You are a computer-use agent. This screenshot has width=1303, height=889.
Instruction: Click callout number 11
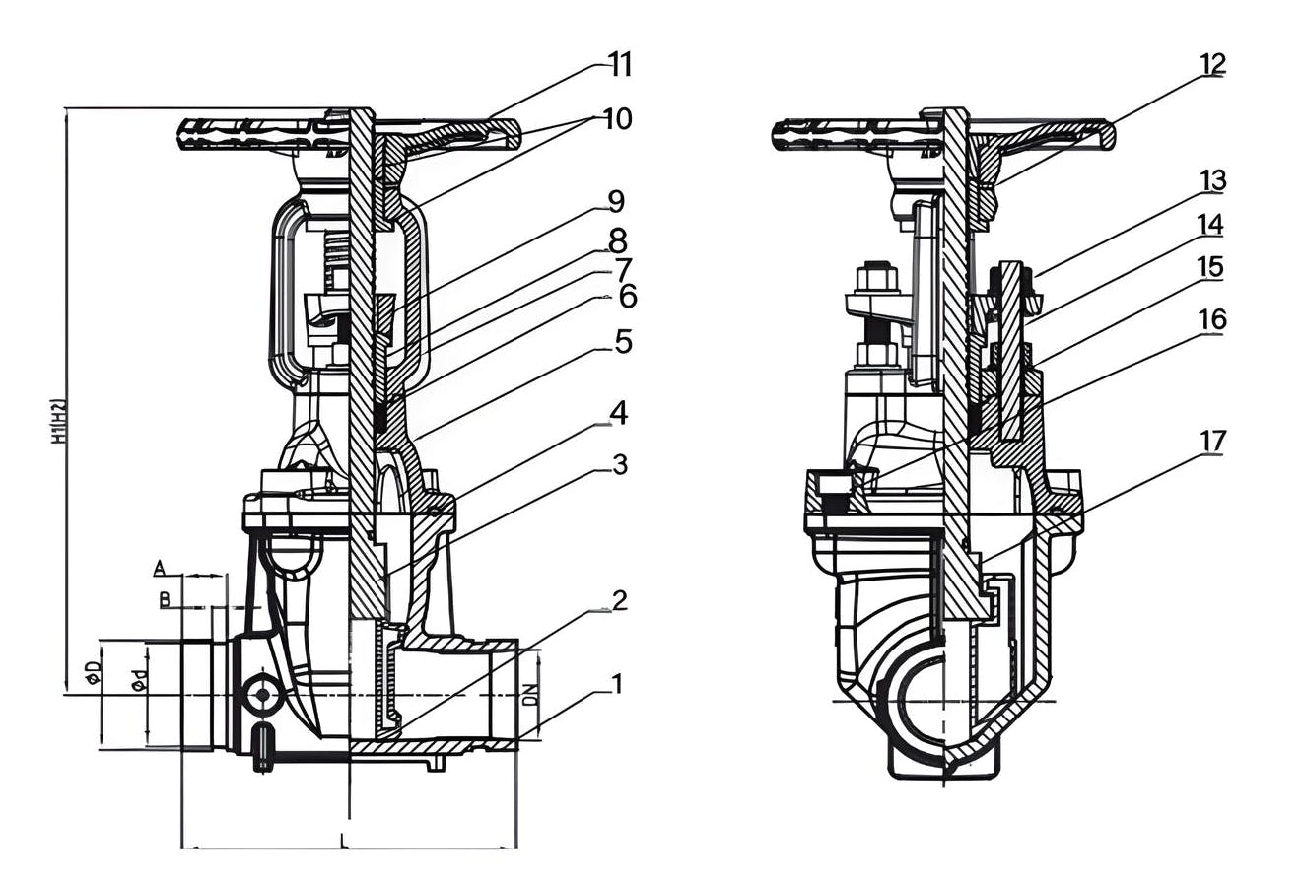point(619,65)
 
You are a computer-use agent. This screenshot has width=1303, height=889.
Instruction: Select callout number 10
point(617,119)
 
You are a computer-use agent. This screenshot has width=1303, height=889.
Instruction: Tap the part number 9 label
point(616,202)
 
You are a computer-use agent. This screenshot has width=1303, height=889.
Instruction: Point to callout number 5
point(623,342)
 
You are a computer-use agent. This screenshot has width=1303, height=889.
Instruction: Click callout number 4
point(618,413)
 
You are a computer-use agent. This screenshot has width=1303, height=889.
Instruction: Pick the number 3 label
point(620,464)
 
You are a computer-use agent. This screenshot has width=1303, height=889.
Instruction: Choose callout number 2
point(619,600)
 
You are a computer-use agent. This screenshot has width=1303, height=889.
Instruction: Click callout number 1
point(617,683)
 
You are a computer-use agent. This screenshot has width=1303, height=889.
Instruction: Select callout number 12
point(1212,64)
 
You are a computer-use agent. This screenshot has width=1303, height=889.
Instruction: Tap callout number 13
point(1212,181)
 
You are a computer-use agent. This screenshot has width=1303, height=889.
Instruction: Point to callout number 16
point(1212,319)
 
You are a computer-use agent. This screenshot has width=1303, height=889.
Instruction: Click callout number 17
point(1212,441)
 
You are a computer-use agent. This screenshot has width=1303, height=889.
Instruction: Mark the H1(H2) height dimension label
point(58,421)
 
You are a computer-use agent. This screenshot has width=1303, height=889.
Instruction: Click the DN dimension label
point(530,694)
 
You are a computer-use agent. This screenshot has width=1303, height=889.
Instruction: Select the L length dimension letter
point(342,841)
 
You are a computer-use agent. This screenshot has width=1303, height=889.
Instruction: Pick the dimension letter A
point(159,568)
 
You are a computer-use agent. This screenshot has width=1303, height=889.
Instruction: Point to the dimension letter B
point(165,598)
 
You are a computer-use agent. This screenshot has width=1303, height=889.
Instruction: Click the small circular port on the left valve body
point(262,695)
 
